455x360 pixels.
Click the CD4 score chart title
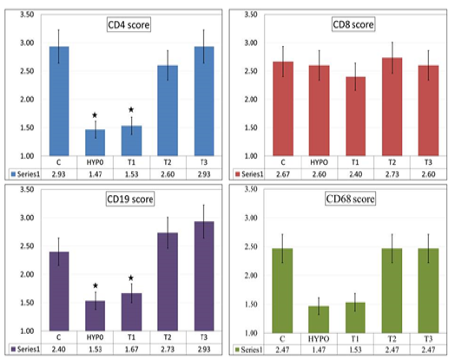coord(129,24)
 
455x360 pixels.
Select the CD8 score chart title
coord(353,24)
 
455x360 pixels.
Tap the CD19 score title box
coord(130,200)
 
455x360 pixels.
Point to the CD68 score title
coord(350,199)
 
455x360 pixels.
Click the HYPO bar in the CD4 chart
coord(96,142)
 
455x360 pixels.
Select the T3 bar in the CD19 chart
coord(204,276)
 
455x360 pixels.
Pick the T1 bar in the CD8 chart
coord(355,116)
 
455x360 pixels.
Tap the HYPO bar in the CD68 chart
coord(319,319)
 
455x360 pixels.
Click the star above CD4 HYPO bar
coord(95,115)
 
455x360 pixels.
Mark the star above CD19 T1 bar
coord(131,278)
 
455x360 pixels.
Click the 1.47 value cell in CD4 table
coord(96,174)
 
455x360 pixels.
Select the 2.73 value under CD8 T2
coord(392,174)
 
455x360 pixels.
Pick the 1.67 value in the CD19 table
coord(131,350)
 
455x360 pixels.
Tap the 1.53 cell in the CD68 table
coord(355,350)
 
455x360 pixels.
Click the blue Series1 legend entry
coord(25,174)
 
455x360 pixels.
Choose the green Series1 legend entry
coord(248,350)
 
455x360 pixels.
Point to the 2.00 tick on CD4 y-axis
coord(27,100)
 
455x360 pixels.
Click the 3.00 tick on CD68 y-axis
coord(251,218)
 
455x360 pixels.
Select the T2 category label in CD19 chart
coord(168,337)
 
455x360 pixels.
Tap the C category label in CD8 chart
coord(283,162)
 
